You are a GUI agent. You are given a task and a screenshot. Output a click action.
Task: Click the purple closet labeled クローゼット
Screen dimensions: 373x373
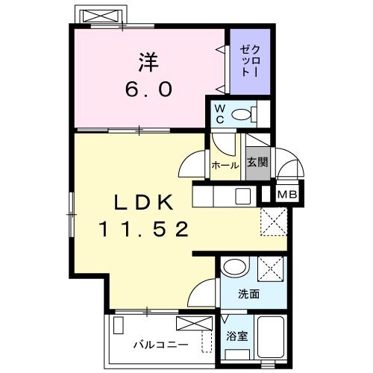[x=248, y=61]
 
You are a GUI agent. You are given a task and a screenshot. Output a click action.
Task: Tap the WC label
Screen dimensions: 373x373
[x=220, y=113]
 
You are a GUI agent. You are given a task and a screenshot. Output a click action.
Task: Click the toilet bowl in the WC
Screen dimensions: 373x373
[x=243, y=114]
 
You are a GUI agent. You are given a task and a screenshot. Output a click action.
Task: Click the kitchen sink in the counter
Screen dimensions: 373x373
[x=243, y=197]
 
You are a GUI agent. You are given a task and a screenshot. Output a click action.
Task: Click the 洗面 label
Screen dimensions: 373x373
[x=249, y=294]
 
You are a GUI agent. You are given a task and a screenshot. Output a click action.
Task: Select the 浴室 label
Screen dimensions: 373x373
[x=236, y=336]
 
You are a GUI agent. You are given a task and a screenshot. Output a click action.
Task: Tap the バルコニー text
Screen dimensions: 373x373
[x=160, y=345]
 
